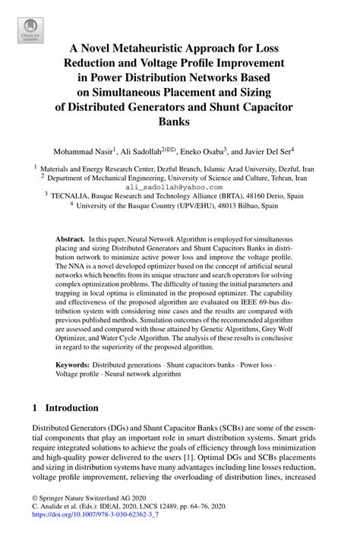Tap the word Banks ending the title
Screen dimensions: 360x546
point(180,120)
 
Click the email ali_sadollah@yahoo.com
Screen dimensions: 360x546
point(179,185)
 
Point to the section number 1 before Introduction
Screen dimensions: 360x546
point(35,407)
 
